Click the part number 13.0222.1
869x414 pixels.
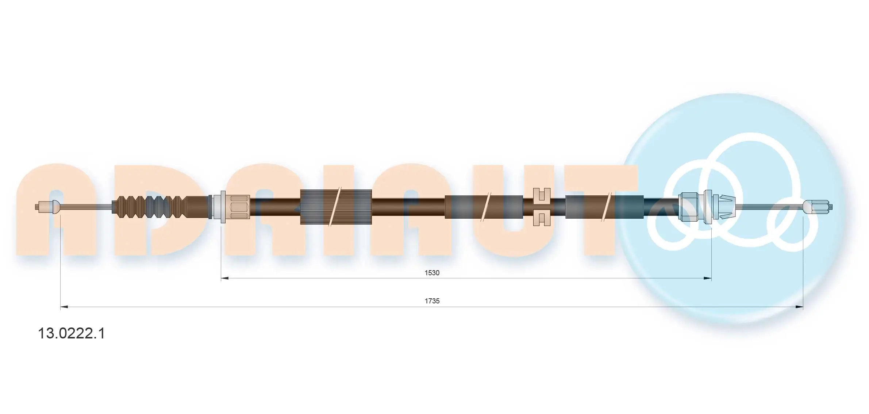click(x=72, y=333)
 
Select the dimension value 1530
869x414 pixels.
click(x=432, y=273)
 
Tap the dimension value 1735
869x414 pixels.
click(x=432, y=301)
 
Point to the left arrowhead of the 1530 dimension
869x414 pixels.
click(x=225, y=278)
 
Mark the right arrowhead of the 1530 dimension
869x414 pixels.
click(x=707, y=278)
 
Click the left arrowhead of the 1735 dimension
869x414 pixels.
click(x=64, y=307)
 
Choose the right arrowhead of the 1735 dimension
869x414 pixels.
click(x=799, y=307)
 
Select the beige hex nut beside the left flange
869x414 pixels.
click(x=240, y=207)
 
